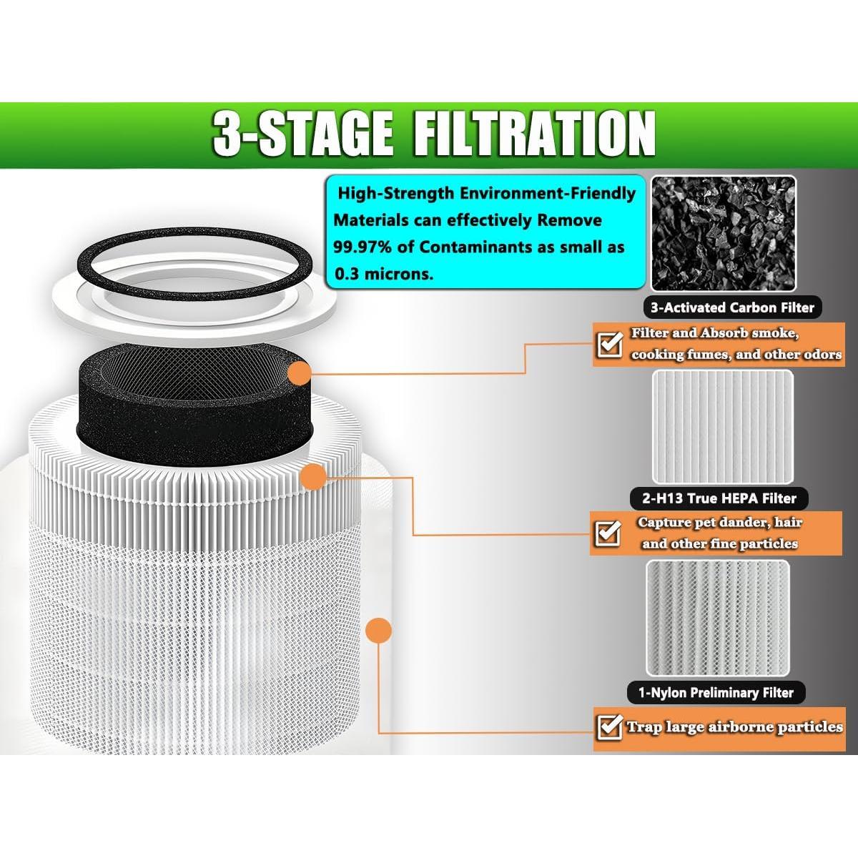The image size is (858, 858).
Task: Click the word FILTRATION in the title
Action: pos(533,133)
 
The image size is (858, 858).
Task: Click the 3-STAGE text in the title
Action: pos(302,133)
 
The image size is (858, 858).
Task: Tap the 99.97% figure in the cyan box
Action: pos(363,247)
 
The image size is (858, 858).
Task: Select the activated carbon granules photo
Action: pos(723,233)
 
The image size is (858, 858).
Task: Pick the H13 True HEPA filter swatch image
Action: pos(723,426)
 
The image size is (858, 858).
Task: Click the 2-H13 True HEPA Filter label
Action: pos(713,498)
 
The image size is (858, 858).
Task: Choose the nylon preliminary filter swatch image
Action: pos(718,618)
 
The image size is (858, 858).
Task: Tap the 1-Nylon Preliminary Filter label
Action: pos(711,692)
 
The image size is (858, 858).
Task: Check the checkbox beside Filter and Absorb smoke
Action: pos(609,345)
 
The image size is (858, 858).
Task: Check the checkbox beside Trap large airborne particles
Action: pos(609,728)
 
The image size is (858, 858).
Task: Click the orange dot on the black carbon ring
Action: pos(300,373)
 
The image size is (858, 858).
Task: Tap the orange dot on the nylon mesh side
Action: pos(378,631)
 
